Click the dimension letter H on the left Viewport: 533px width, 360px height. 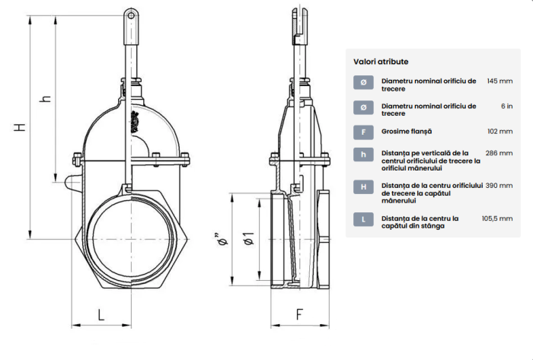click(20, 127)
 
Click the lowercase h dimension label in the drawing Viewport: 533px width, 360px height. click(46, 98)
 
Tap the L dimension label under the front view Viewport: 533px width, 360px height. click(101, 315)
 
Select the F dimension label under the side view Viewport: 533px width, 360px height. click(299, 314)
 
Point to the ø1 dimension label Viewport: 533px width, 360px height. click(249, 239)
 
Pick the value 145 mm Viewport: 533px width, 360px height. click(499, 81)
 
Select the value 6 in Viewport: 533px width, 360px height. click(507, 107)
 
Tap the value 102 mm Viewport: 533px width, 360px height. click(500, 132)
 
